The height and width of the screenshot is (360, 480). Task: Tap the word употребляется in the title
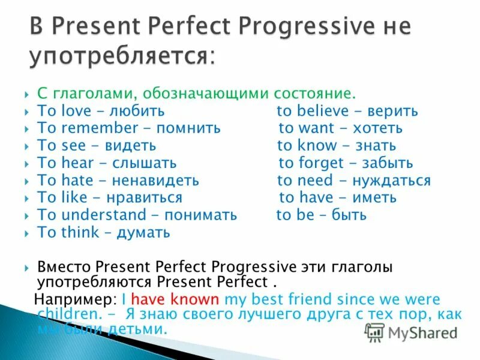tap(119, 56)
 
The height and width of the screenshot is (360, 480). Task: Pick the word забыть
tap(389, 163)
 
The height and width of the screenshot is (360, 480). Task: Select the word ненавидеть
tap(160, 181)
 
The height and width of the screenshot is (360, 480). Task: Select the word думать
tap(143, 233)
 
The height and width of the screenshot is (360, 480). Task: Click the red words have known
tap(175, 299)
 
